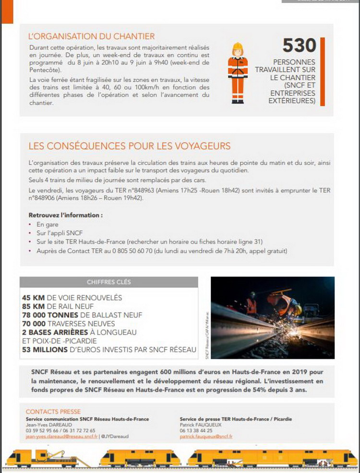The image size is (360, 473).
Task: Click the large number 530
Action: click(299, 45)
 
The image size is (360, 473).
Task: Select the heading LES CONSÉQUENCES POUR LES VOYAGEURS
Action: click(129, 146)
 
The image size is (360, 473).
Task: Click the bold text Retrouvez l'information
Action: click(66, 215)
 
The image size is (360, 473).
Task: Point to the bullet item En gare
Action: click(48, 224)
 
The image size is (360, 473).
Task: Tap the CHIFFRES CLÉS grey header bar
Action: click(108, 282)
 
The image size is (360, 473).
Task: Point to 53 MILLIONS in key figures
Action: click(45, 350)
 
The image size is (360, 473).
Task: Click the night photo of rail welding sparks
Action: click(272, 317)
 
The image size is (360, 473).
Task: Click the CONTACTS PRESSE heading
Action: click(53, 412)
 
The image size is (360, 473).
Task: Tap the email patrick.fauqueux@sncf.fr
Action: click(206, 437)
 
